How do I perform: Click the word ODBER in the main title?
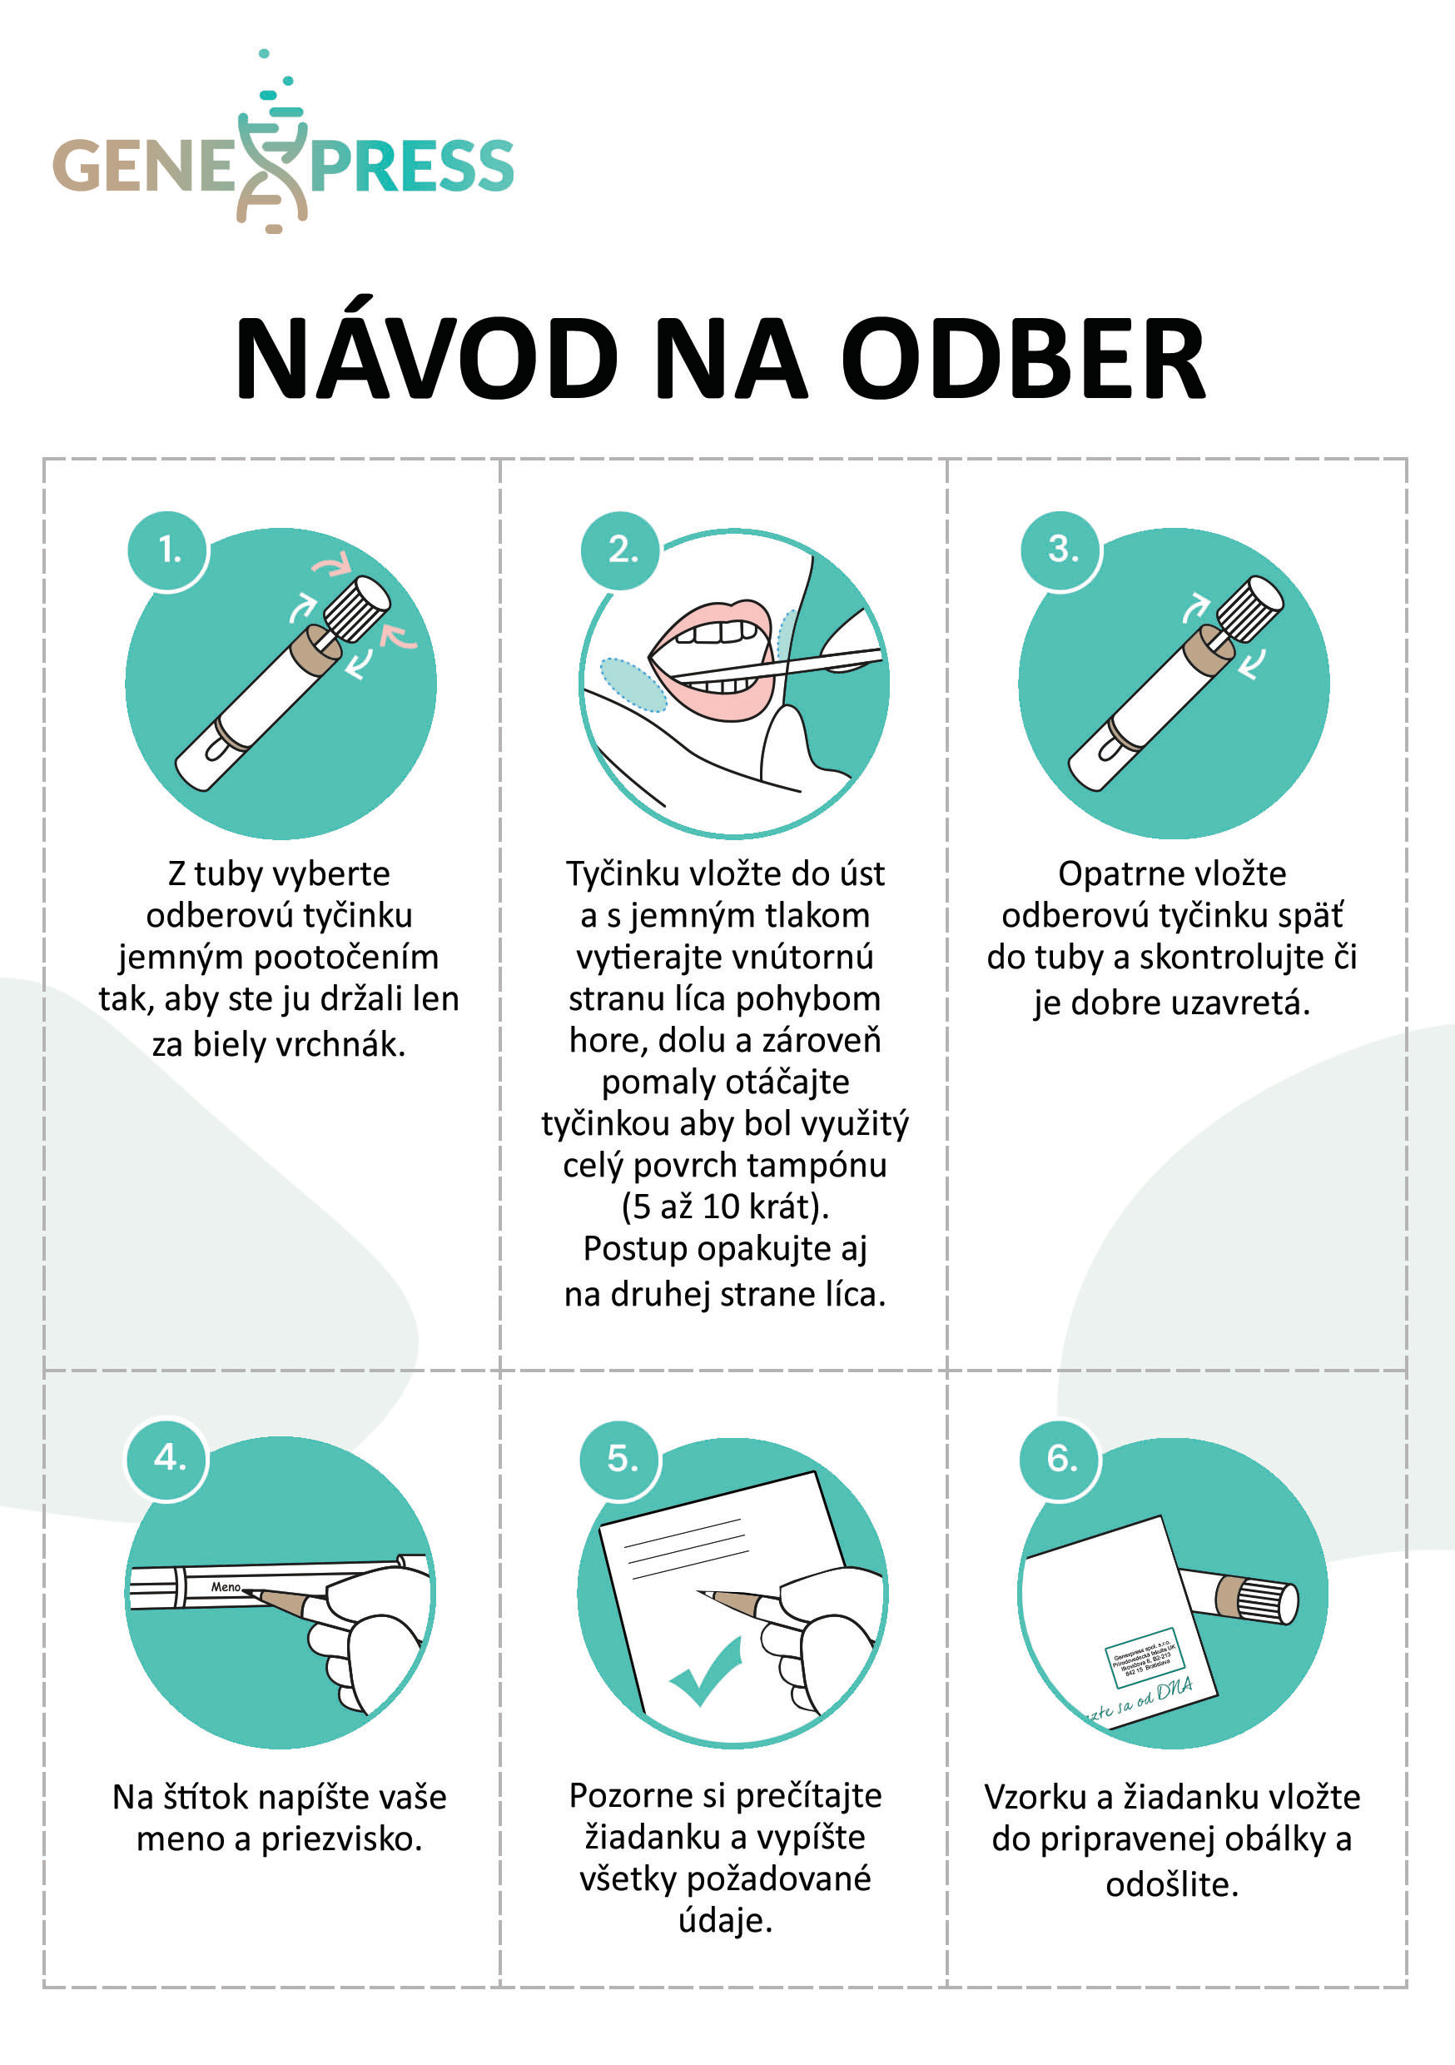point(1022,360)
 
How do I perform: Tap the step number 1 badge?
point(168,550)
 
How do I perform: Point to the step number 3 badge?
point(1062,549)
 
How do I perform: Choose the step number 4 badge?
point(168,1457)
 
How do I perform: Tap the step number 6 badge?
point(1061,1458)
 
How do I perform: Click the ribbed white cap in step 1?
point(357,608)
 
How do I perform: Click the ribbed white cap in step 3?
point(1250,608)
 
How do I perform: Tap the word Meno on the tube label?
point(226,1587)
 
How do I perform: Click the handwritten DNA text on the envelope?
point(1174,1690)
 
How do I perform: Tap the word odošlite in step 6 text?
point(1172,1884)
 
